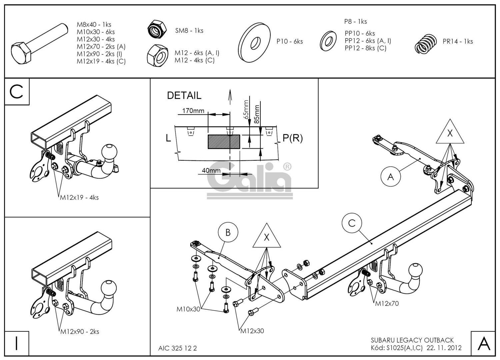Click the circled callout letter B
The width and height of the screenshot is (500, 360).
pos(228,232)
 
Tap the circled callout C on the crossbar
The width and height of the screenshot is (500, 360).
pos(352,223)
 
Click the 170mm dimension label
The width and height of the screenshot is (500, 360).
pos(193,111)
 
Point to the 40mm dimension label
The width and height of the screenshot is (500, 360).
pos(211,170)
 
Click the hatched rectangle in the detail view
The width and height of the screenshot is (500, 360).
pos(224,142)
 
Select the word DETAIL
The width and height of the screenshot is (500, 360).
pos(184,96)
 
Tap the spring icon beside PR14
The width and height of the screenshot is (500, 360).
pos(425,44)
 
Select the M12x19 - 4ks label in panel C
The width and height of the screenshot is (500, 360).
pos(79,197)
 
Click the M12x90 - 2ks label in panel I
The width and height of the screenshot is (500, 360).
pos(80,332)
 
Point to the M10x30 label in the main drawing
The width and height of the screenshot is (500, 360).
pos(188,309)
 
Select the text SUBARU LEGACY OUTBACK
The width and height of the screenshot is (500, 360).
pos(412,340)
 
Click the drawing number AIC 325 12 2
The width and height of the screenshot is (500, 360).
pos(177,348)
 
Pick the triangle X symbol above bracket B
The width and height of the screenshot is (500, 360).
pos(266,237)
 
